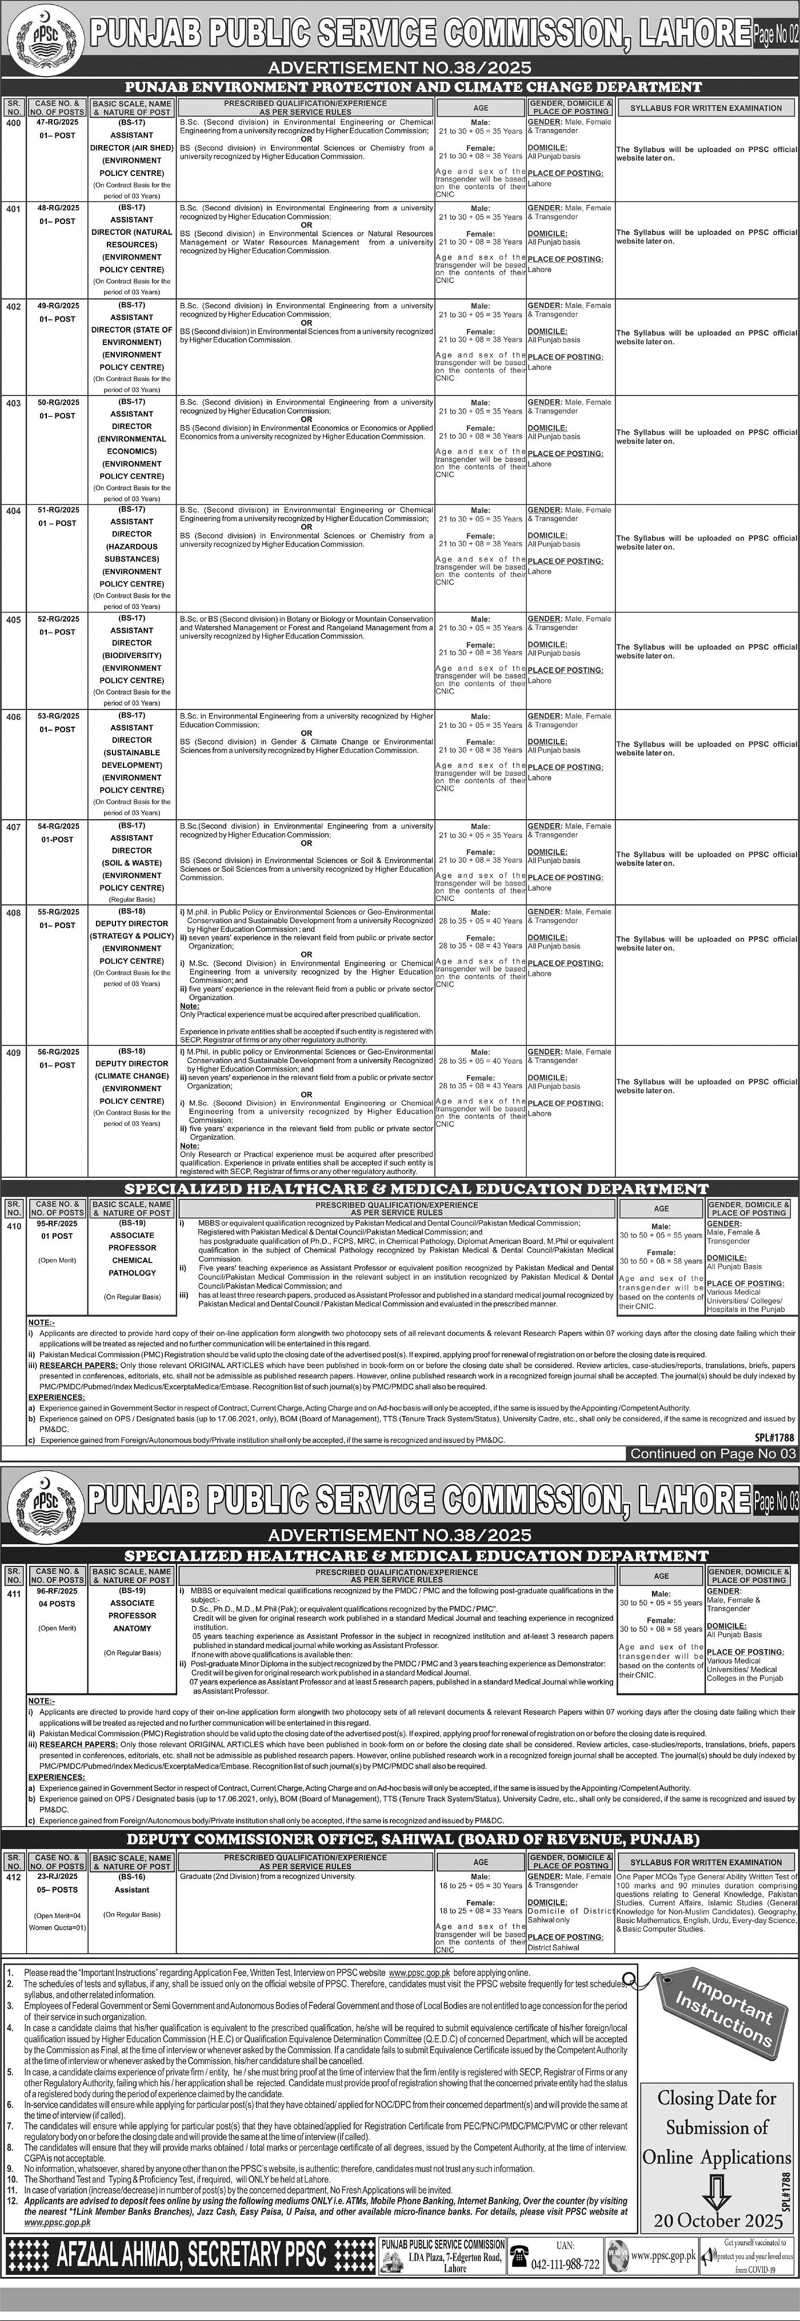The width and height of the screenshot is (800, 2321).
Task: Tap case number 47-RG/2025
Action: pos(58,123)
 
